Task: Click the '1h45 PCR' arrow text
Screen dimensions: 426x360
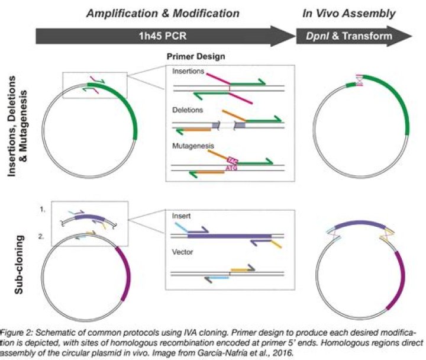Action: click(163, 36)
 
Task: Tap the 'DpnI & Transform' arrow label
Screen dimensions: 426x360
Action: click(349, 36)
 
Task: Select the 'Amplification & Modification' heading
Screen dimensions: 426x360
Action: click(163, 14)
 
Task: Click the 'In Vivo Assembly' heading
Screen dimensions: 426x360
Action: click(349, 14)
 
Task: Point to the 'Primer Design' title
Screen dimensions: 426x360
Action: click(196, 57)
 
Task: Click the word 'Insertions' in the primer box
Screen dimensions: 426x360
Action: click(188, 71)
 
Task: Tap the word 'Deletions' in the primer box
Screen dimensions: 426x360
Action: click(188, 110)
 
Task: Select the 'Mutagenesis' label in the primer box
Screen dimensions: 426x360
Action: click(193, 146)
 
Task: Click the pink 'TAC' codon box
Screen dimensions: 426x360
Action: click(233, 160)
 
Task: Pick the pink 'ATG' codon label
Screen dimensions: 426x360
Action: click(231, 168)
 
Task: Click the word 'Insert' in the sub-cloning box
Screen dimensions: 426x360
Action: click(181, 216)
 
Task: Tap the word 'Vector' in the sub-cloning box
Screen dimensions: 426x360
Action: click(182, 252)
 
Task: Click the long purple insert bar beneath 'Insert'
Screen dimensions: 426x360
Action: click(230, 236)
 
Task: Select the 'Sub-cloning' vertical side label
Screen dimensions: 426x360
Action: click(19, 265)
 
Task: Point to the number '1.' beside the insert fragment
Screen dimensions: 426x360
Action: click(43, 210)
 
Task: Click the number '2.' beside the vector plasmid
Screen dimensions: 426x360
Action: click(41, 236)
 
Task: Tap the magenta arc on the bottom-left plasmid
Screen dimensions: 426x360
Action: click(125, 274)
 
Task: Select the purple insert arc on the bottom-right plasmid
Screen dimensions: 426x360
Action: click(360, 224)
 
